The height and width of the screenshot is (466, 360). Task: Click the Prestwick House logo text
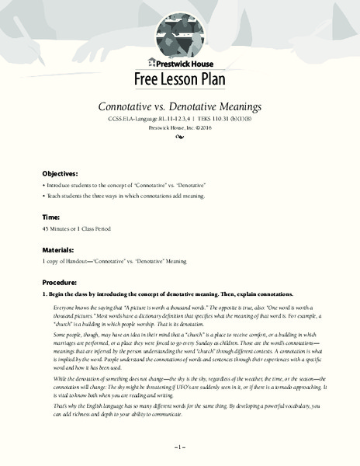tap(181, 64)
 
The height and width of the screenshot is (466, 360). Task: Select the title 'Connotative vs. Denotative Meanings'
tap(180, 106)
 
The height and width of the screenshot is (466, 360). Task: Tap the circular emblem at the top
tap(180, 31)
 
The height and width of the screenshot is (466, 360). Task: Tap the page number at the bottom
tap(179, 447)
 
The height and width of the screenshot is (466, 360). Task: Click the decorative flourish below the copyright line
tap(180, 138)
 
